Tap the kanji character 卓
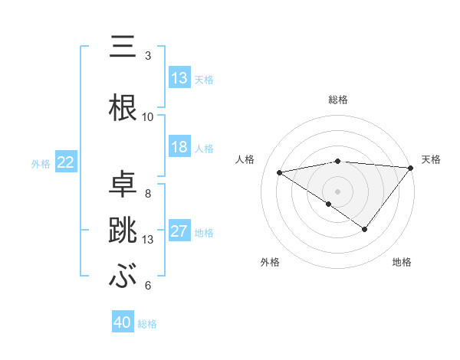tap(123, 184)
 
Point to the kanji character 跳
tap(123, 230)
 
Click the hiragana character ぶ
tap(123, 276)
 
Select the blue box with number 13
tap(179, 78)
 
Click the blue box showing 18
tap(179, 148)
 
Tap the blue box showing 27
tap(179, 232)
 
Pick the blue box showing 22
tap(66, 162)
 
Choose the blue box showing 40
tap(123, 322)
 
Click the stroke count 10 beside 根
tap(148, 117)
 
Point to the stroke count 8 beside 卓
tap(147, 193)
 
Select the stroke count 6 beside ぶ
tap(147, 286)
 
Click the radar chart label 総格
tap(337, 100)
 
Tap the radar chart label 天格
tap(431, 159)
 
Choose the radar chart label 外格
tap(270, 262)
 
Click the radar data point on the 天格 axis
tap(411, 167)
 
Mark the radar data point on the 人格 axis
tap(280, 172)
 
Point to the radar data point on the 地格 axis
tap(365, 229)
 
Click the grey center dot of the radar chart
tap(337, 190)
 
